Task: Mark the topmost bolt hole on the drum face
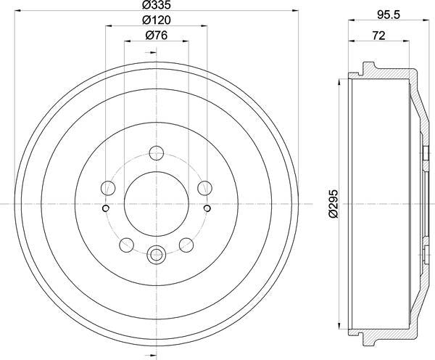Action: point(156,154)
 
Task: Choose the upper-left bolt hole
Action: point(109,188)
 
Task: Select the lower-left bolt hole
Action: point(127,243)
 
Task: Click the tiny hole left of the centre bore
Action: point(106,209)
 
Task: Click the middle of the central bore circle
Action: point(156,204)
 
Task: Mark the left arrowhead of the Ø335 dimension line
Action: point(17,11)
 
